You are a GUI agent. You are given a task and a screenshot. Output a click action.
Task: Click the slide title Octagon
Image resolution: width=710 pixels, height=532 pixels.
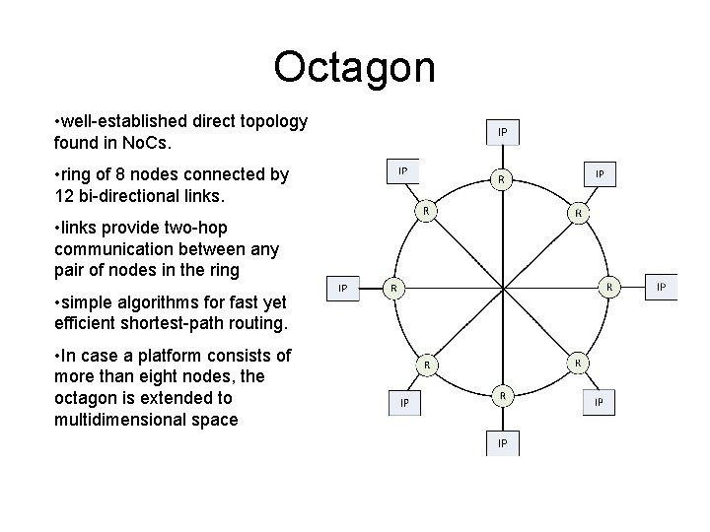click(x=354, y=68)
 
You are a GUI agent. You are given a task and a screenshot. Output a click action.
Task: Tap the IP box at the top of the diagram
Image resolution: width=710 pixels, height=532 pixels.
click(x=502, y=132)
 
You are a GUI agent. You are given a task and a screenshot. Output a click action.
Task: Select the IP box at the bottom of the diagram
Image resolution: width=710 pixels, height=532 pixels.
click(x=502, y=443)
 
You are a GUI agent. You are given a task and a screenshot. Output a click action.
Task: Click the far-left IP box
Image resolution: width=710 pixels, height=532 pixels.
click(x=342, y=288)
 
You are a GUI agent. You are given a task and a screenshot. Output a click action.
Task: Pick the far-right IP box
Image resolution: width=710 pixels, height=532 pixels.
click(x=662, y=288)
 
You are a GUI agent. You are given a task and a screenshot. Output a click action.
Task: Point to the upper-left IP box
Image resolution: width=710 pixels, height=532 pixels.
click(x=402, y=171)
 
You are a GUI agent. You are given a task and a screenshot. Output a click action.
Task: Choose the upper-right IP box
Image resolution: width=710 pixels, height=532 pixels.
click(x=600, y=173)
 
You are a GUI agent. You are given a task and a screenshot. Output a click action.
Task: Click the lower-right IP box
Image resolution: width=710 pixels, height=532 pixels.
click(x=600, y=403)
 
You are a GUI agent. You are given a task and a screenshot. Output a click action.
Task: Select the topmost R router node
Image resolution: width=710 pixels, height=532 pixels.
click(x=502, y=179)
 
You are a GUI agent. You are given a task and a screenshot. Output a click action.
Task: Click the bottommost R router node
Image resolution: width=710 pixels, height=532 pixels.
click(x=502, y=396)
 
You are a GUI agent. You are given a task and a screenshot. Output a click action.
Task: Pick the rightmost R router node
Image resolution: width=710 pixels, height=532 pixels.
click(x=610, y=287)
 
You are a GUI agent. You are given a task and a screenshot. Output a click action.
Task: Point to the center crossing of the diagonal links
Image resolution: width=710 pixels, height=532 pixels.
click(x=503, y=288)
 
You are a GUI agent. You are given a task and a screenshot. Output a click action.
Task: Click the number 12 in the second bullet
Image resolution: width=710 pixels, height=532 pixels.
click(x=66, y=196)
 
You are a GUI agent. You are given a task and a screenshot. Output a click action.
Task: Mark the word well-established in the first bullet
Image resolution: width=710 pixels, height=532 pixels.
click(x=123, y=121)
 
